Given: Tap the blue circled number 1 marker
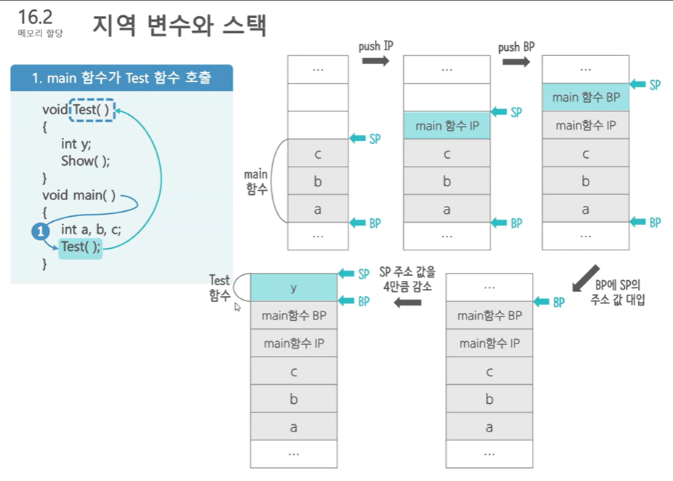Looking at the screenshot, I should (x=40, y=231).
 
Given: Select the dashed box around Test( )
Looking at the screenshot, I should (x=92, y=110).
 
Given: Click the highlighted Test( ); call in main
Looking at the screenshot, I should (x=80, y=247).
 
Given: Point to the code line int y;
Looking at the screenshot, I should (x=76, y=143).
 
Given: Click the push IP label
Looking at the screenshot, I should (x=375, y=46).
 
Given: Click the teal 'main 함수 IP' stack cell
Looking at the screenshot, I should (x=446, y=126).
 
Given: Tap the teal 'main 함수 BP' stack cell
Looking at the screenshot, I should (x=586, y=97).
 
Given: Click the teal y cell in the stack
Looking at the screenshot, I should (x=293, y=287).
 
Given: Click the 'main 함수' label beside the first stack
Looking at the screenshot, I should (x=255, y=181).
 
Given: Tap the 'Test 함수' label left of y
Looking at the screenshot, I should (x=219, y=287).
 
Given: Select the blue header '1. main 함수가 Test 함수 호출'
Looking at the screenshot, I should (x=122, y=78).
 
